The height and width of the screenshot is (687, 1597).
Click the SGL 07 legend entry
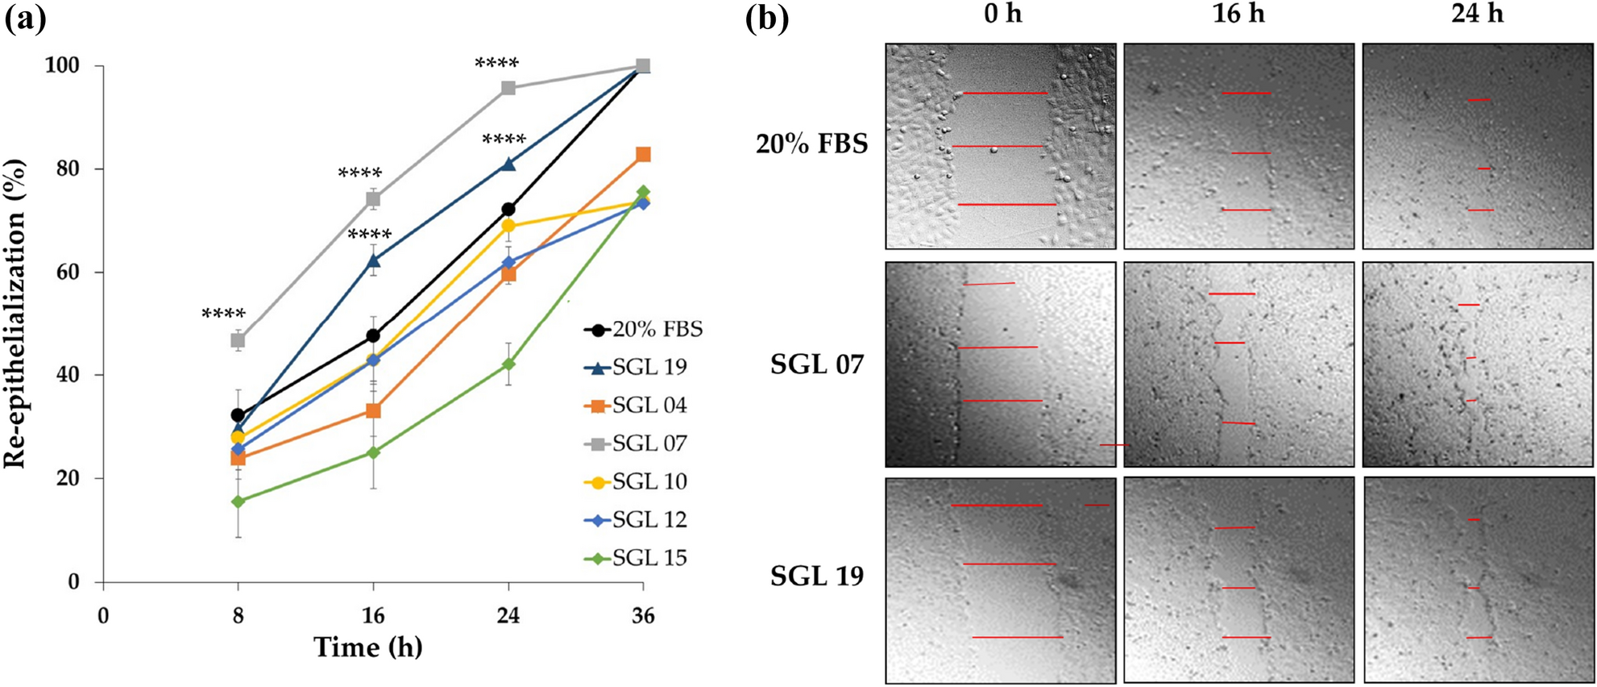[636, 443]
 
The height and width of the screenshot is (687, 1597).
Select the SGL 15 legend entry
[636, 558]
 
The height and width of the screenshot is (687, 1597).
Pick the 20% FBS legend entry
[643, 330]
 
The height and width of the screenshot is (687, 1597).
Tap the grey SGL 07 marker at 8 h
[238, 340]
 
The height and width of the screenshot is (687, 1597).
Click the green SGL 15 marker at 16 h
[373, 452]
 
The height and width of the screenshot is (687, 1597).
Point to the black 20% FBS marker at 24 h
[508, 210]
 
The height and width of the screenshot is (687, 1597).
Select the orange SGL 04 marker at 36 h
[643, 154]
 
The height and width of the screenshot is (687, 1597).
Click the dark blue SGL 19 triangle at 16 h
[373, 260]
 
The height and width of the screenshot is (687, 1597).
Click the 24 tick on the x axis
[508, 616]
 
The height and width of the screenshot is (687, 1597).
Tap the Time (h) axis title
[367, 647]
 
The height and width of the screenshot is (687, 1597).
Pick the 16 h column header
[1238, 14]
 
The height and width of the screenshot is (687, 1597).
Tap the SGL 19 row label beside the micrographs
[816, 576]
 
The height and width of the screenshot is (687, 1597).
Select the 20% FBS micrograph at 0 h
[1001, 146]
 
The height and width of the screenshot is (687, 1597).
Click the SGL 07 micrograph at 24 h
[1477, 364]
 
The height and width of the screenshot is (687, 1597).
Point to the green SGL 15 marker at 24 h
[508, 364]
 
